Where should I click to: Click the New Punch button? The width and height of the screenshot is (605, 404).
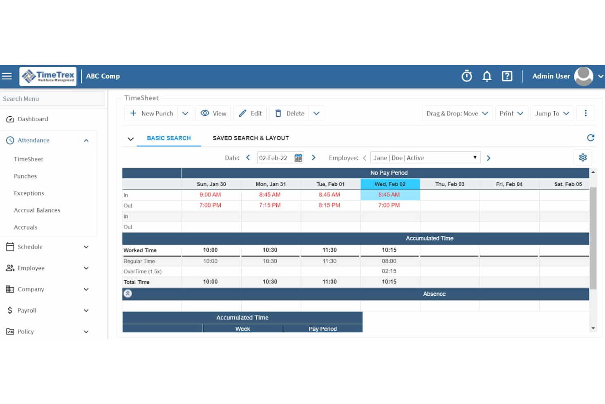pyautogui.click(x=152, y=113)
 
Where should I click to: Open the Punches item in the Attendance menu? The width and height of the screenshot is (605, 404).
pyautogui.click(x=25, y=176)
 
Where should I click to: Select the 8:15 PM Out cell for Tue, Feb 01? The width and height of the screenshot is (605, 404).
pyautogui.click(x=329, y=205)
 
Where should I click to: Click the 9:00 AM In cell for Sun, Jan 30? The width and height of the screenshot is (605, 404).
pyautogui.click(x=210, y=195)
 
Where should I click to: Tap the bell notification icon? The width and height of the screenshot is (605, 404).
pyautogui.click(x=486, y=76)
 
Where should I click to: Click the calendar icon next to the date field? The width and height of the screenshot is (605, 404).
pyautogui.click(x=298, y=158)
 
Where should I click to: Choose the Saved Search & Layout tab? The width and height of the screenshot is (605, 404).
pyautogui.click(x=251, y=138)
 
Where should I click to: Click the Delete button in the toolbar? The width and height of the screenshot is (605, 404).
pyautogui.click(x=290, y=113)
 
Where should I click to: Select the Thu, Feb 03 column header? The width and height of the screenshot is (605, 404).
pyautogui.click(x=450, y=184)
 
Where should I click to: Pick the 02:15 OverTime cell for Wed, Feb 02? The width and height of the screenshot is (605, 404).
pyautogui.click(x=389, y=271)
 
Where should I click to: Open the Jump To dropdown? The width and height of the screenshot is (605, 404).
pyautogui.click(x=552, y=113)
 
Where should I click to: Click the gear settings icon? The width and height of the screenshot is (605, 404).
pyautogui.click(x=583, y=158)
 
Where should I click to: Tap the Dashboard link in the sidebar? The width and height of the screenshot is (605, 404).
pyautogui.click(x=33, y=119)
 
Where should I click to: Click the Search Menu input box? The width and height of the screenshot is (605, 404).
pyautogui.click(x=52, y=99)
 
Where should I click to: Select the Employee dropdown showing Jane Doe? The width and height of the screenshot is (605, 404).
pyautogui.click(x=425, y=158)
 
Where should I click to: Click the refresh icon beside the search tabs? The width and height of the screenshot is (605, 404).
pyautogui.click(x=590, y=138)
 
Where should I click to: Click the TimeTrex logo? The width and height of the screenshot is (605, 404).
pyautogui.click(x=48, y=76)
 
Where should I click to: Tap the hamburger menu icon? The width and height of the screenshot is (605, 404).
pyautogui.click(x=7, y=76)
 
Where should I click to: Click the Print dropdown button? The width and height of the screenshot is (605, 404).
pyautogui.click(x=511, y=113)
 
